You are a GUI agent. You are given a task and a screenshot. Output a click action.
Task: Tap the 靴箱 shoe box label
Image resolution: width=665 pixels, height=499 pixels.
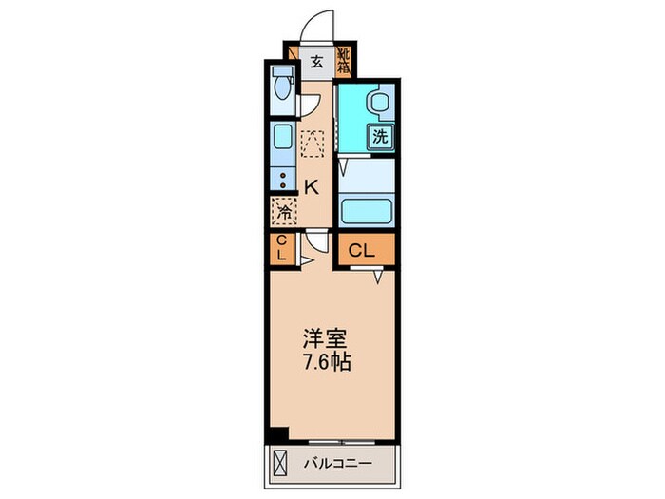click(344, 62)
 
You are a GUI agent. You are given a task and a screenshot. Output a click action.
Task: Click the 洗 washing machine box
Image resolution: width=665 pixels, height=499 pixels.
click(380, 135)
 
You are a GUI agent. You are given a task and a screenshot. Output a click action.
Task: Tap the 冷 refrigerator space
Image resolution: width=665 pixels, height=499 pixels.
click(283, 209)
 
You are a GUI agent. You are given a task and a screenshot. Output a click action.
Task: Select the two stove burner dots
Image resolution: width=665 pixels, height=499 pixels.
click(282, 179)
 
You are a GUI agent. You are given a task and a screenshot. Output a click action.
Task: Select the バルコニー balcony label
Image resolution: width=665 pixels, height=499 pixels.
click(338, 464)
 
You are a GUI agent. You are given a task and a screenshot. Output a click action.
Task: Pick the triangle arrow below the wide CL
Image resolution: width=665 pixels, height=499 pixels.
click(378, 276)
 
